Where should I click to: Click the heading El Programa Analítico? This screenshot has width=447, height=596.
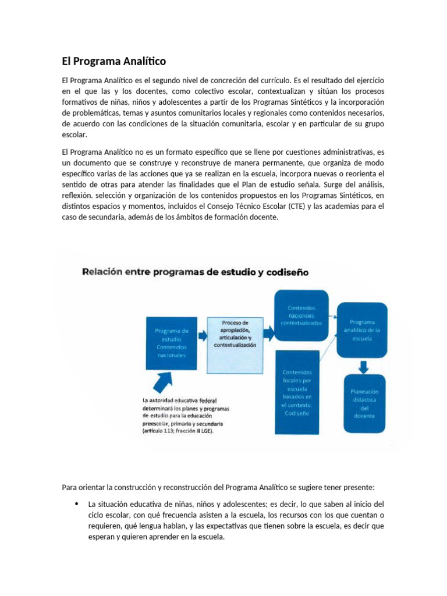click(x=114, y=61)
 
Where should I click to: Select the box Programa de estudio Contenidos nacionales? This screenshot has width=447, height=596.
click(x=172, y=343)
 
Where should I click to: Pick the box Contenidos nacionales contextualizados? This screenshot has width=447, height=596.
click(x=301, y=315)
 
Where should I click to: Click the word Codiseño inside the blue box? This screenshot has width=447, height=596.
click(x=297, y=413)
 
